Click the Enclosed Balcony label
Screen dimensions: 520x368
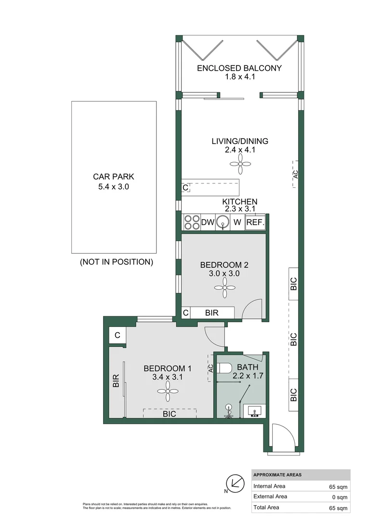239,68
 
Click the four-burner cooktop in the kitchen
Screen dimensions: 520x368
192,222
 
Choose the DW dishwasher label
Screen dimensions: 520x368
207,222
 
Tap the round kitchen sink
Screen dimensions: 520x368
222,222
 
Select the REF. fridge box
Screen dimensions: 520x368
255,222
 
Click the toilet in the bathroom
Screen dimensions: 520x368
225,368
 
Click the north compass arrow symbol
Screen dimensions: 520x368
235,482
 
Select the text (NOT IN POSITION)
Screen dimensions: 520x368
117,262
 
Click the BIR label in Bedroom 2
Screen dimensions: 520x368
211,313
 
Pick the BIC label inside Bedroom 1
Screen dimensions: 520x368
169,414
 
